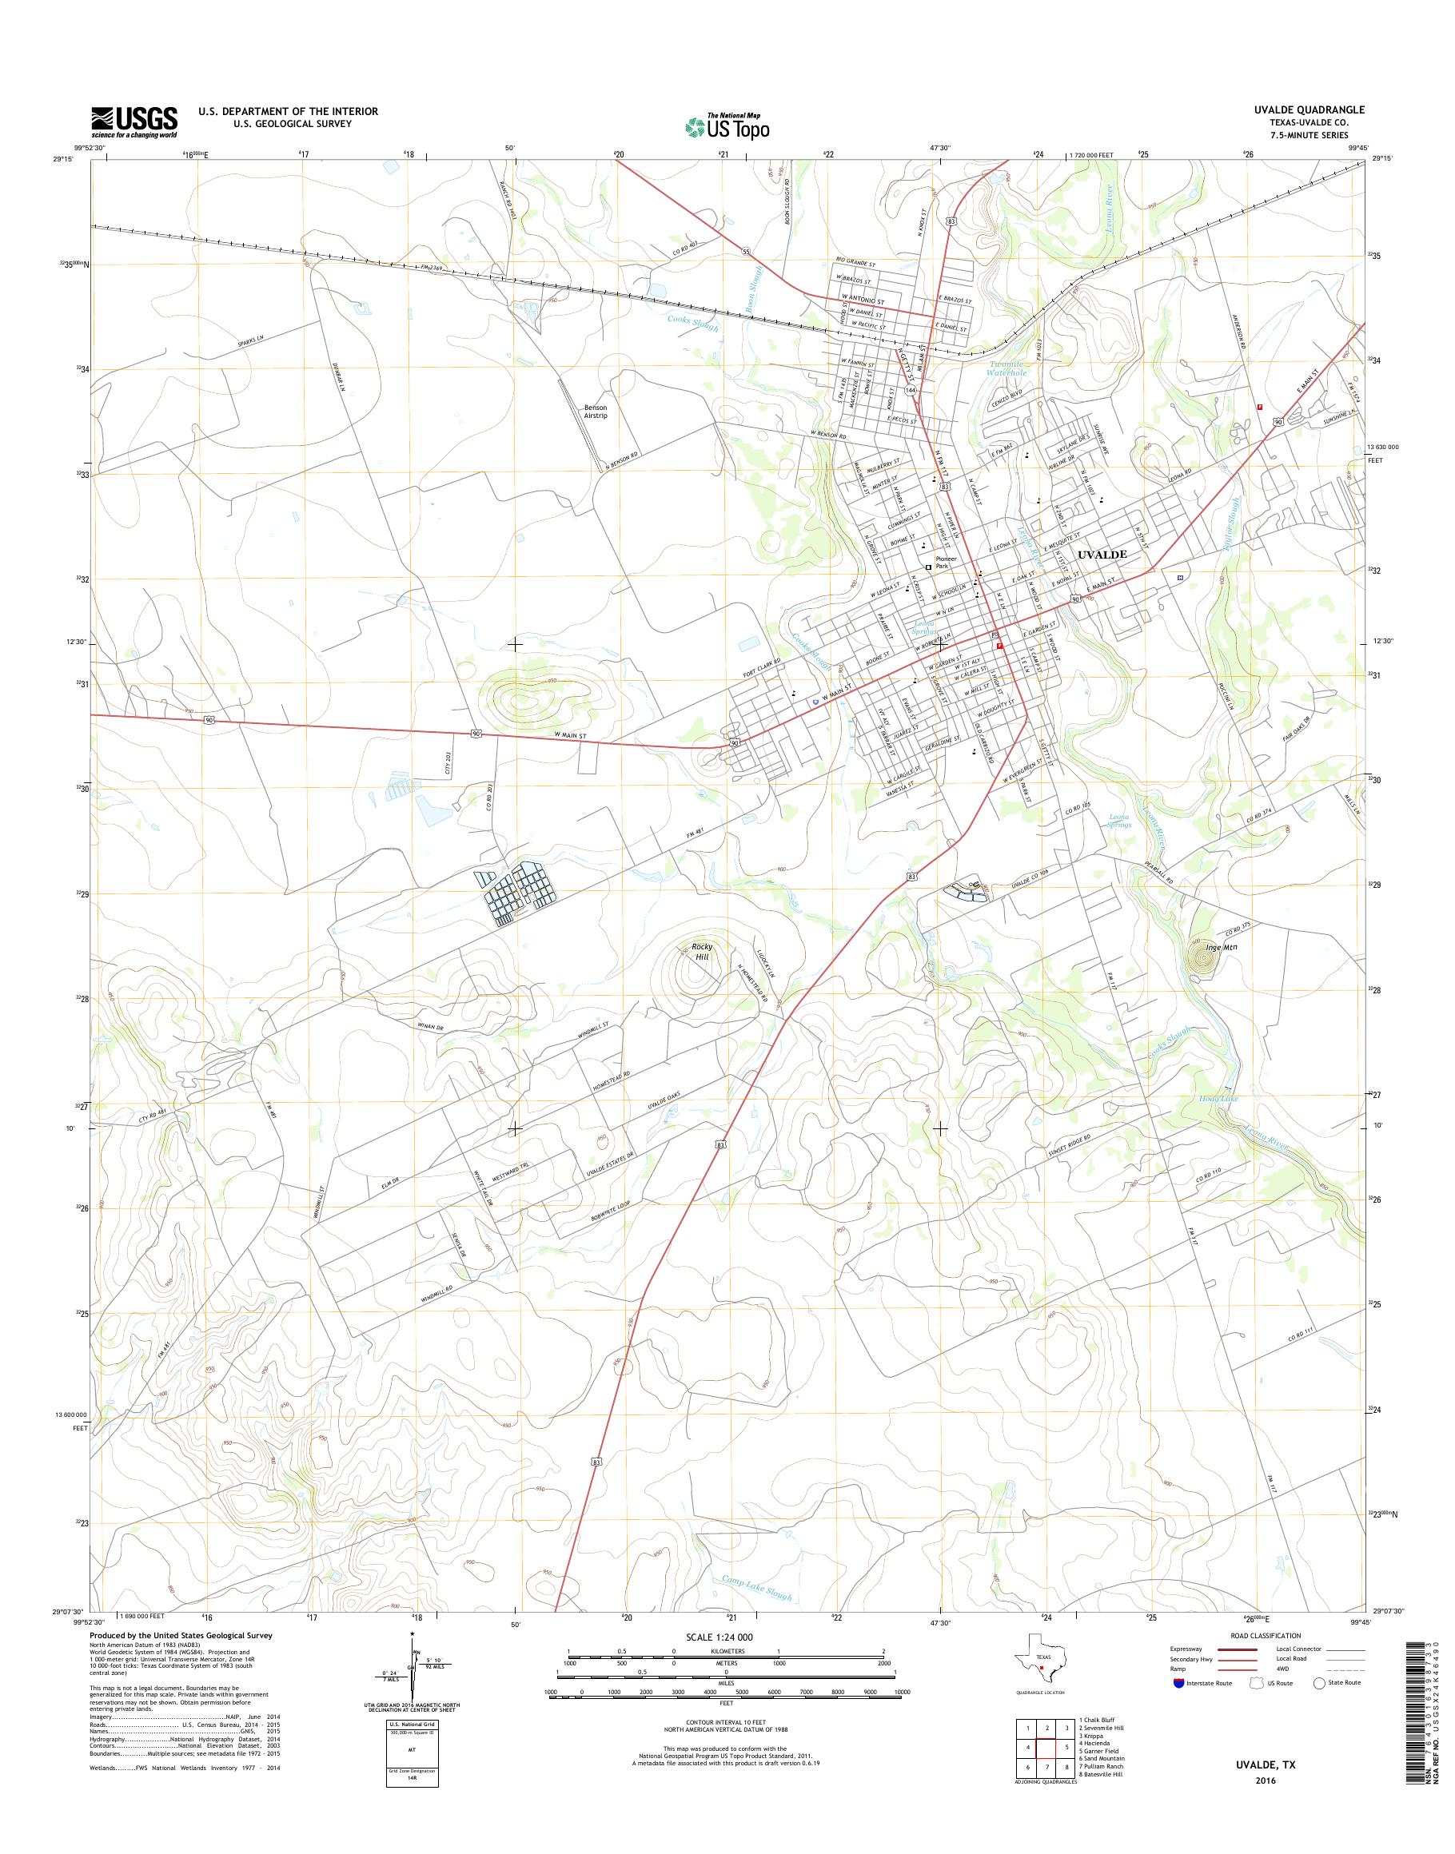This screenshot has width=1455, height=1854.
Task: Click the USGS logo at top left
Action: pos(134,121)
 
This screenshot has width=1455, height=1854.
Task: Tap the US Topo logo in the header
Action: pos(727,127)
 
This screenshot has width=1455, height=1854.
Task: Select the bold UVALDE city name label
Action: pos(1102,554)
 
